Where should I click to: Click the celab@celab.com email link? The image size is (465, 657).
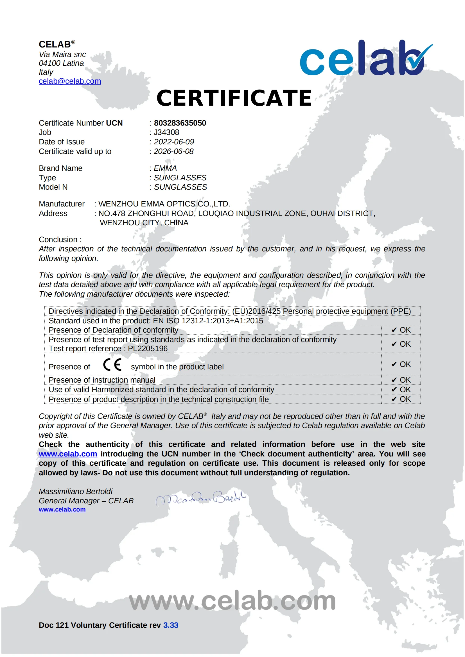(70, 81)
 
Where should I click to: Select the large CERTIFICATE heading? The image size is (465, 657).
(234, 98)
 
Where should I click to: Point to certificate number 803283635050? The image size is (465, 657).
(180, 123)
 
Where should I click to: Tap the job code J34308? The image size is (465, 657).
(166, 133)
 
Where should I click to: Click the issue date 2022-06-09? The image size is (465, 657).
(174, 142)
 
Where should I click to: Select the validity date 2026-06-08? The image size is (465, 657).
(173, 151)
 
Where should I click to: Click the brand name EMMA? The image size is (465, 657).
(165, 168)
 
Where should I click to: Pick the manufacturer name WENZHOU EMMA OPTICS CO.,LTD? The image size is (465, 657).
(164, 204)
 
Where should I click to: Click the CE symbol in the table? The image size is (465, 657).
(112, 365)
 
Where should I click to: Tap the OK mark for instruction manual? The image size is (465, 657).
(401, 380)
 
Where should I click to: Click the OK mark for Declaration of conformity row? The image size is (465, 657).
(401, 330)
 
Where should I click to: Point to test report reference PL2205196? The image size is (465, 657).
(148, 349)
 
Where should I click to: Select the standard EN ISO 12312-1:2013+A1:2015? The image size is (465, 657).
(208, 321)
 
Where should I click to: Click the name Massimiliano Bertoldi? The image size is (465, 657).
(76, 492)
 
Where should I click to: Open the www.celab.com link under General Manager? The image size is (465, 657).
(62, 510)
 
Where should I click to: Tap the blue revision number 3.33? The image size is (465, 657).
(171, 625)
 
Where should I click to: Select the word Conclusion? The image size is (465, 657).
(58, 240)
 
